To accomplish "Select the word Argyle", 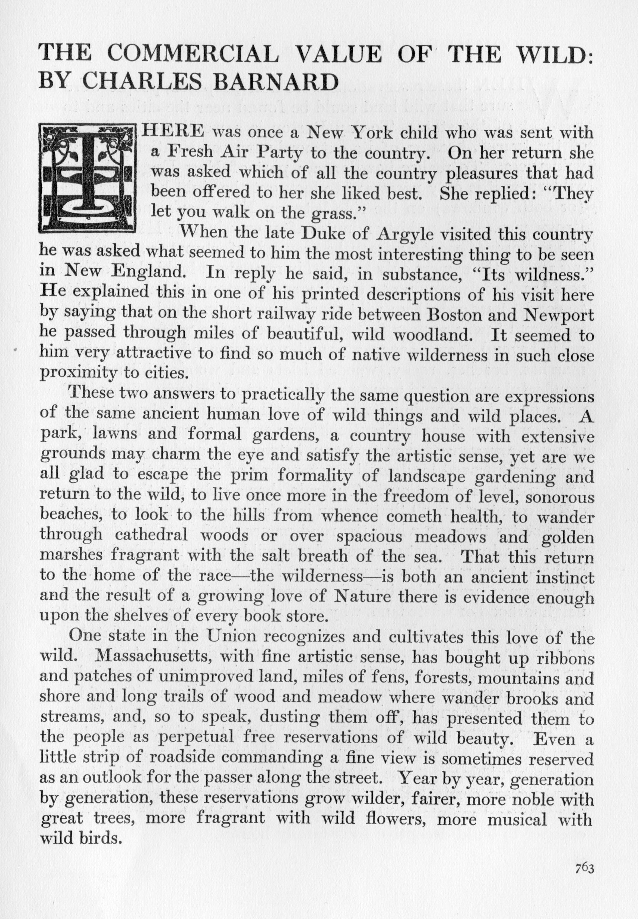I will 405,235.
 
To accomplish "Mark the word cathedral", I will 150,536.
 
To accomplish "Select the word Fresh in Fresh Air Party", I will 191,152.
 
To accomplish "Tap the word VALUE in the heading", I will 339,54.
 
